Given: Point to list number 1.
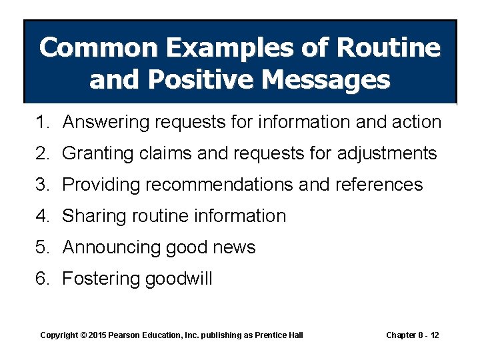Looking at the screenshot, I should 42,122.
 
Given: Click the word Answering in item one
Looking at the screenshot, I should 107,122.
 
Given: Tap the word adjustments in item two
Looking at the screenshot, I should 387,153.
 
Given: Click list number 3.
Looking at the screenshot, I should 42,185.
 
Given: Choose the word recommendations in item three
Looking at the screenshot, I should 219,185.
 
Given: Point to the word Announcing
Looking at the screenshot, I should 109,247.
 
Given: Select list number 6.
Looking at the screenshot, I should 42,279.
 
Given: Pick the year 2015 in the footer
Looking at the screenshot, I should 98,335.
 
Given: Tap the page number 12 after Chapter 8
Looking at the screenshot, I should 434,335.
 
